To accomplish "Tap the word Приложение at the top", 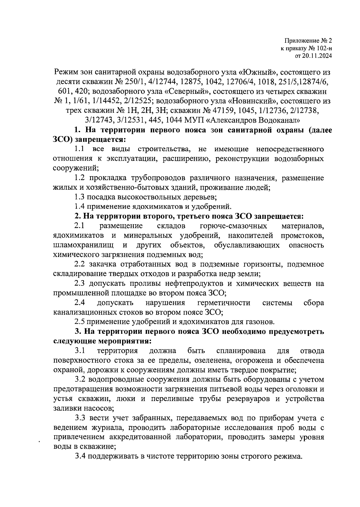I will (300, 41).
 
